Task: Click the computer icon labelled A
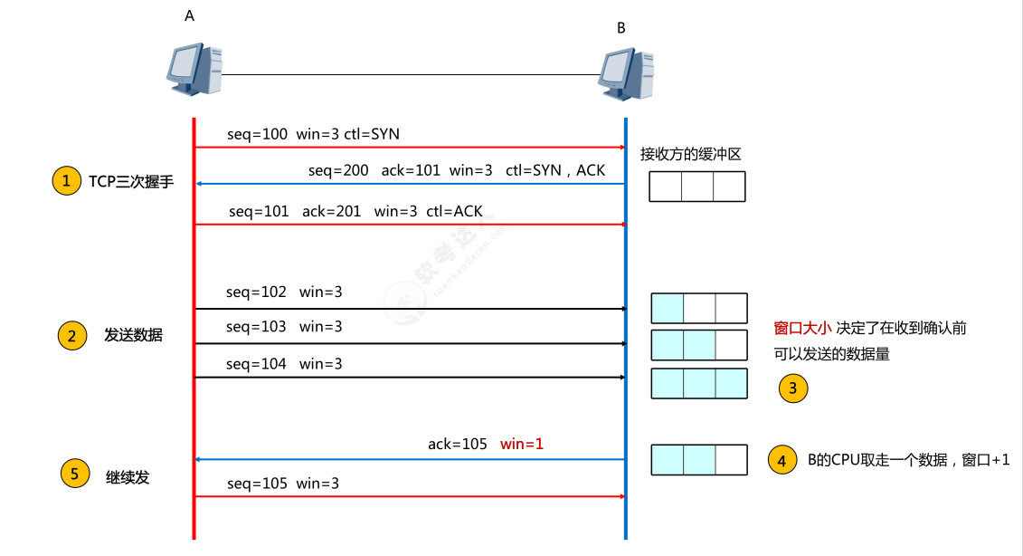tap(194, 71)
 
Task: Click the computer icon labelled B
tap(626, 72)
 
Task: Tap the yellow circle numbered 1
tap(65, 181)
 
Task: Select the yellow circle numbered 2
tap(71, 336)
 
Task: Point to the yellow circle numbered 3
tap(792, 389)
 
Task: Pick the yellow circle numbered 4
tap(781, 459)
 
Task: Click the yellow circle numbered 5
tap(75, 473)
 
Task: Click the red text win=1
tap(522, 445)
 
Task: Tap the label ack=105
tap(458, 445)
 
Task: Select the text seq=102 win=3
tap(284, 292)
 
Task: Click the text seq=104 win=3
tap(284, 364)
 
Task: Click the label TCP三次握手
tap(130, 182)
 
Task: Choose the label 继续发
tap(128, 476)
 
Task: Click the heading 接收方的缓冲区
tap(691, 154)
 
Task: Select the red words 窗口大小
tap(802, 328)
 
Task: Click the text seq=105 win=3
tap(283, 484)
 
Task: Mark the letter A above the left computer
tap(189, 16)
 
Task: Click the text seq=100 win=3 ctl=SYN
tap(313, 134)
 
